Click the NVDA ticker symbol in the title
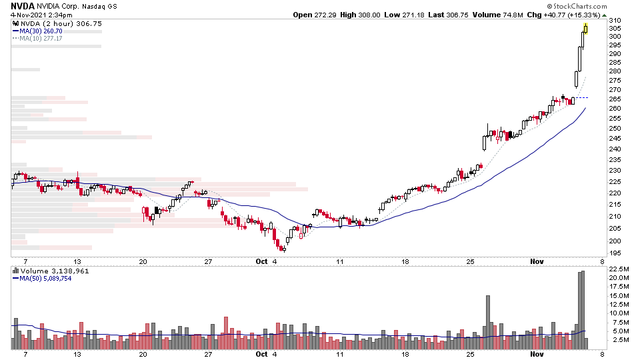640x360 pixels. pyautogui.click(x=22, y=5)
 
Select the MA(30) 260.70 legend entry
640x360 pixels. pyautogui.click(x=41, y=31)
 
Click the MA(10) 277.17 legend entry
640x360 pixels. pyautogui.click(x=41, y=38)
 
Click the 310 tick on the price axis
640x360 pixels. pyautogui.click(x=614, y=21)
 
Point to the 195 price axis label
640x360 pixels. pyautogui.click(x=614, y=253)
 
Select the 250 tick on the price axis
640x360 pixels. pyautogui.click(x=614, y=128)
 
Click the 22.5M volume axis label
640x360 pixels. pyautogui.click(x=617, y=269)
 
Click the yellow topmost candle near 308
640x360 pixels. pyautogui.click(x=585, y=28)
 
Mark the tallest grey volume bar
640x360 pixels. pyautogui.click(x=583, y=310)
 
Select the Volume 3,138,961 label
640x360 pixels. pyautogui.click(x=50, y=271)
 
